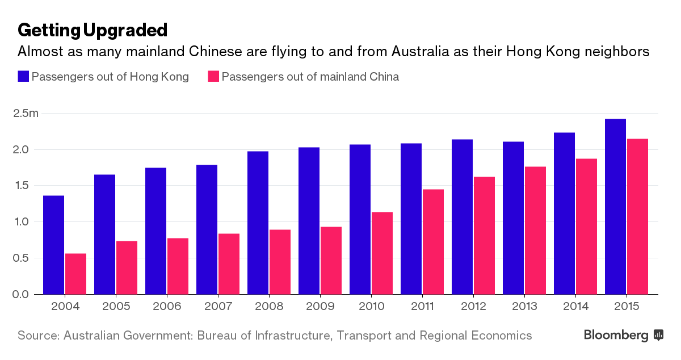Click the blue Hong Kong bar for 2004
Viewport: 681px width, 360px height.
point(53,245)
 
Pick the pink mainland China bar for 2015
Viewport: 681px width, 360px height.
point(637,216)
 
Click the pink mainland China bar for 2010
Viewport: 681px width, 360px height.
point(382,253)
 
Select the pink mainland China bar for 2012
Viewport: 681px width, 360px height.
point(484,236)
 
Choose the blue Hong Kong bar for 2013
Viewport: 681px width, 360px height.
point(513,218)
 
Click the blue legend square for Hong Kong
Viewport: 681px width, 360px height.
point(23,77)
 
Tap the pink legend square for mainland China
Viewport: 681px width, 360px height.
point(213,77)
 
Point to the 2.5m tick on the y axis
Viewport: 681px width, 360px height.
point(26,114)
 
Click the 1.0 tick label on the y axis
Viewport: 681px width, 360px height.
point(20,222)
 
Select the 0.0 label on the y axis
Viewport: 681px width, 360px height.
point(20,294)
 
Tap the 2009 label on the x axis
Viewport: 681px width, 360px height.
point(320,307)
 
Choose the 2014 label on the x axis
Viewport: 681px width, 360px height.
point(575,307)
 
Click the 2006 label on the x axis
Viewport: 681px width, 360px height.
point(166,307)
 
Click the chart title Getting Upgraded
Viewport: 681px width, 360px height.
point(93,30)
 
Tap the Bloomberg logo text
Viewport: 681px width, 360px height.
point(616,336)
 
